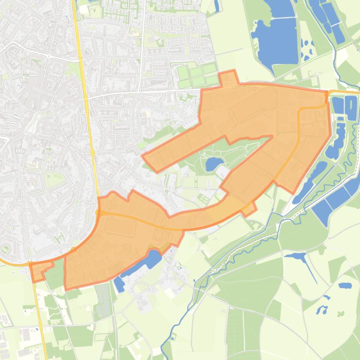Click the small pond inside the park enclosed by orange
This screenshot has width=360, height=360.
[214, 163]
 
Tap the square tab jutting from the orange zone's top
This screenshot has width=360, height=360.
[228, 78]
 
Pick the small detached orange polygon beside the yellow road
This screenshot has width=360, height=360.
[39, 270]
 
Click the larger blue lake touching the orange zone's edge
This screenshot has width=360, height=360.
[147, 260]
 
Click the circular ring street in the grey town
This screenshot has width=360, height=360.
[48, 127]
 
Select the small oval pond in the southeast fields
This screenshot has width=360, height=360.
[345, 285]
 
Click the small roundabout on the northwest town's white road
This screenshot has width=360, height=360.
[48, 56]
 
